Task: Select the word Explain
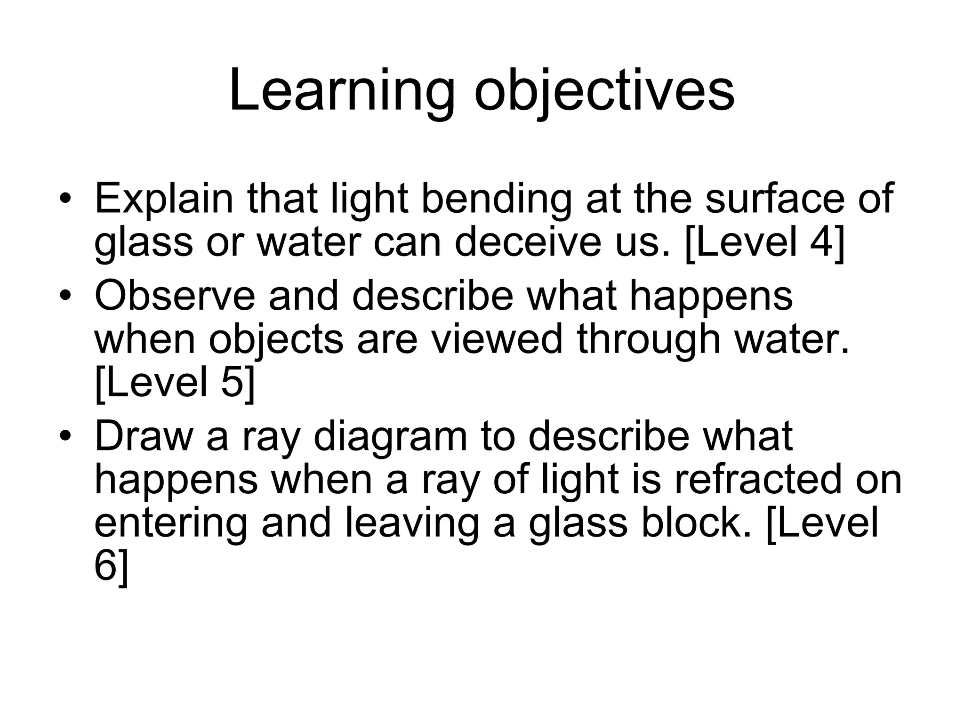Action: click(164, 200)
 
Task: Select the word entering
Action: click(170, 523)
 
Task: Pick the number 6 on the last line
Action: click(104, 567)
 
